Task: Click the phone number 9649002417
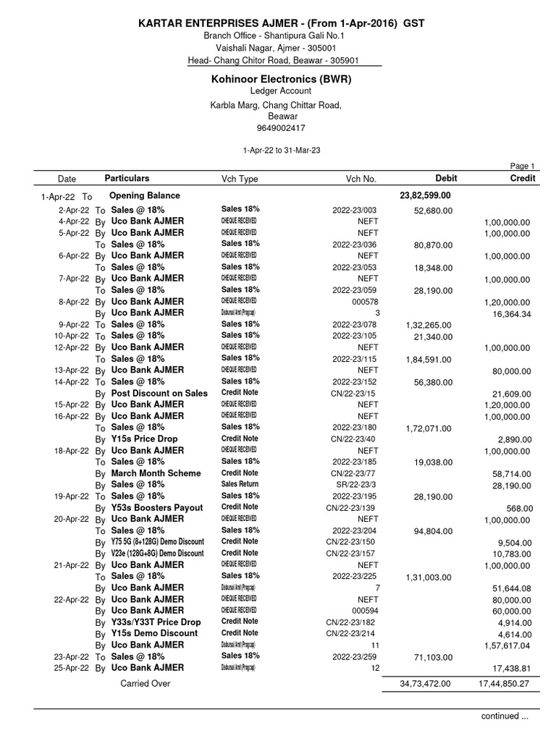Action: tap(281, 128)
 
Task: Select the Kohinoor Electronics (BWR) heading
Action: tap(281, 79)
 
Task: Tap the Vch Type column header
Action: tap(239, 178)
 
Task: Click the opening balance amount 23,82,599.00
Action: tap(426, 195)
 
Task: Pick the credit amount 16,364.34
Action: tap(506, 313)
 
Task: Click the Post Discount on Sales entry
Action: tap(159, 393)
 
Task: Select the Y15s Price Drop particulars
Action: tap(144, 439)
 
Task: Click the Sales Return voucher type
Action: tap(240, 484)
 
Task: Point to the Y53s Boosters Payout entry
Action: tap(156, 507)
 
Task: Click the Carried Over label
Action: tap(144, 683)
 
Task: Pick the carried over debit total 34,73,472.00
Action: tap(425, 683)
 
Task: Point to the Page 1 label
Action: tap(523, 166)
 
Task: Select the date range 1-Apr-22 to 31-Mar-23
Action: tap(281, 150)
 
